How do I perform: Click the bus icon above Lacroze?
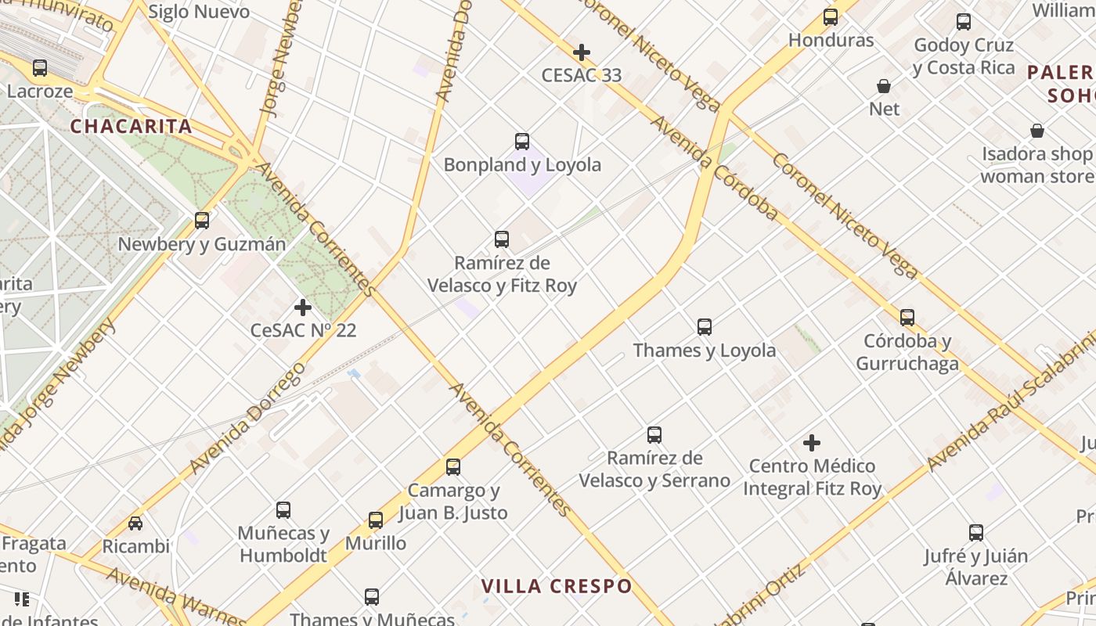40,68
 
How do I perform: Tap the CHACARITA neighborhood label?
131,126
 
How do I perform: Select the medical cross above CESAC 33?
582,53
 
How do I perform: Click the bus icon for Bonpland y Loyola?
522,142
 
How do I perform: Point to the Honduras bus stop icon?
831,17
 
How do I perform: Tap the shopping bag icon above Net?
884,86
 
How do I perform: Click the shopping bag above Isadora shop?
1037,131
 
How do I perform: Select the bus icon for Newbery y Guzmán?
202,221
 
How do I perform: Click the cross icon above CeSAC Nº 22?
303,308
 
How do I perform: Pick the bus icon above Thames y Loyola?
705,327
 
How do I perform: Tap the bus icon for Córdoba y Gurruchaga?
907,318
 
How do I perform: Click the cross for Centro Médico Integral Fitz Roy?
812,444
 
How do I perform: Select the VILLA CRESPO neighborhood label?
556,586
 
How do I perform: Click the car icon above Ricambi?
135,523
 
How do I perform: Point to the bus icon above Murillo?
376,520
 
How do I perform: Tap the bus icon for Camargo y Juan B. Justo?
453,467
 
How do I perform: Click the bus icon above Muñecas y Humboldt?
283,510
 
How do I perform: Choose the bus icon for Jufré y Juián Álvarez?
976,533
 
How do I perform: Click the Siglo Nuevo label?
199,12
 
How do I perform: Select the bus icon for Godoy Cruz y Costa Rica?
964,22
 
